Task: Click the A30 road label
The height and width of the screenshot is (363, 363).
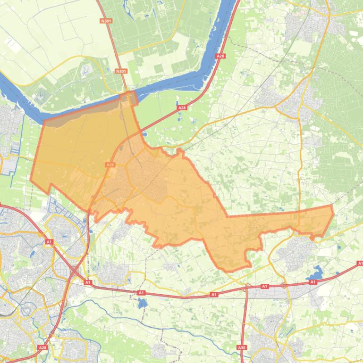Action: pos(242,347)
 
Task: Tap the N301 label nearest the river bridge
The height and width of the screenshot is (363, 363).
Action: pos(121,71)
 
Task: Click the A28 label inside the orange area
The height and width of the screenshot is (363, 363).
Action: pos(110,165)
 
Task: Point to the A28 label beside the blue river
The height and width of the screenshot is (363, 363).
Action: pos(220,56)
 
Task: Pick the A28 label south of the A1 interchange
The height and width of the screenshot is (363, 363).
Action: pos(42,347)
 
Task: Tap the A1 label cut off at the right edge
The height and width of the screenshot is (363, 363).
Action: pos(360,264)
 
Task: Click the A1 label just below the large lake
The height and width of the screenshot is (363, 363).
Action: pos(312,282)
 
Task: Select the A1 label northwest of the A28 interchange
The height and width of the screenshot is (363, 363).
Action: pos(49,242)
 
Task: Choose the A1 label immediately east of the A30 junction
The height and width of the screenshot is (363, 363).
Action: pos(264,286)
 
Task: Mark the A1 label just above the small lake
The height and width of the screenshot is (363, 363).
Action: pos(141,293)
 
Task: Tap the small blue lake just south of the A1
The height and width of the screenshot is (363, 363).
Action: pos(143,303)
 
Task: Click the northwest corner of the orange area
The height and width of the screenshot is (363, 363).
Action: pos(44,121)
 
